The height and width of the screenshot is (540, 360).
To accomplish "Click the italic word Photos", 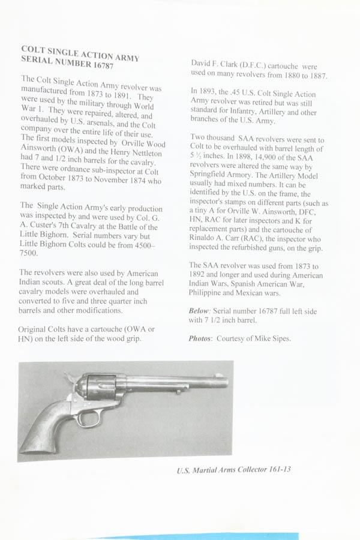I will pyautogui.click(x=200, y=338).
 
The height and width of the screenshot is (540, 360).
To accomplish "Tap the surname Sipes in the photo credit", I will pyautogui.click(x=280, y=338).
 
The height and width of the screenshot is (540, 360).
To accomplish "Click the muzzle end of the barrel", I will pyautogui.click(x=226, y=380).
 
